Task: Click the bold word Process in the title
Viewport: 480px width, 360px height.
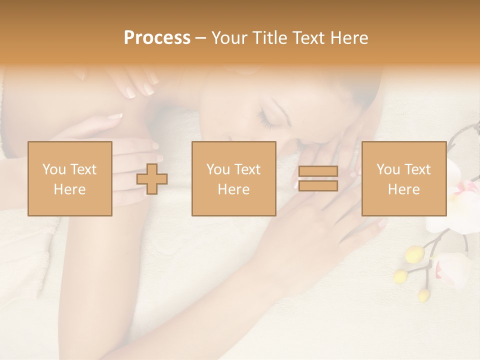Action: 157,38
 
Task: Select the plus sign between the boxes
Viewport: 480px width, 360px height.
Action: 152,178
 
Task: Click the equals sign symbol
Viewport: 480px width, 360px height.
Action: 318,178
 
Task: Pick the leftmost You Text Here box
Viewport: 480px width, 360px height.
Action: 69,178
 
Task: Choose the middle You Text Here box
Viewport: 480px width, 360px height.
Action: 233,178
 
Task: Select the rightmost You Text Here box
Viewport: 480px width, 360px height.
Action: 403,178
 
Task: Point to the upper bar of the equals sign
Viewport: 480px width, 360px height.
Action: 318,171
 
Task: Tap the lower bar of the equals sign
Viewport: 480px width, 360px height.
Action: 318,185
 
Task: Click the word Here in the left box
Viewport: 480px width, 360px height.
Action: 69,189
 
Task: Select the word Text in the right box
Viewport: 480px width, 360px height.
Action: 416,169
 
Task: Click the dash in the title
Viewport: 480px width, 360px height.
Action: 200,38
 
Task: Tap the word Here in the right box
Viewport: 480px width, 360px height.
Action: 403,189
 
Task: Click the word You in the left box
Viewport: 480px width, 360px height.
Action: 54,169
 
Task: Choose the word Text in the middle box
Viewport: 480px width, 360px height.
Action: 247,169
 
